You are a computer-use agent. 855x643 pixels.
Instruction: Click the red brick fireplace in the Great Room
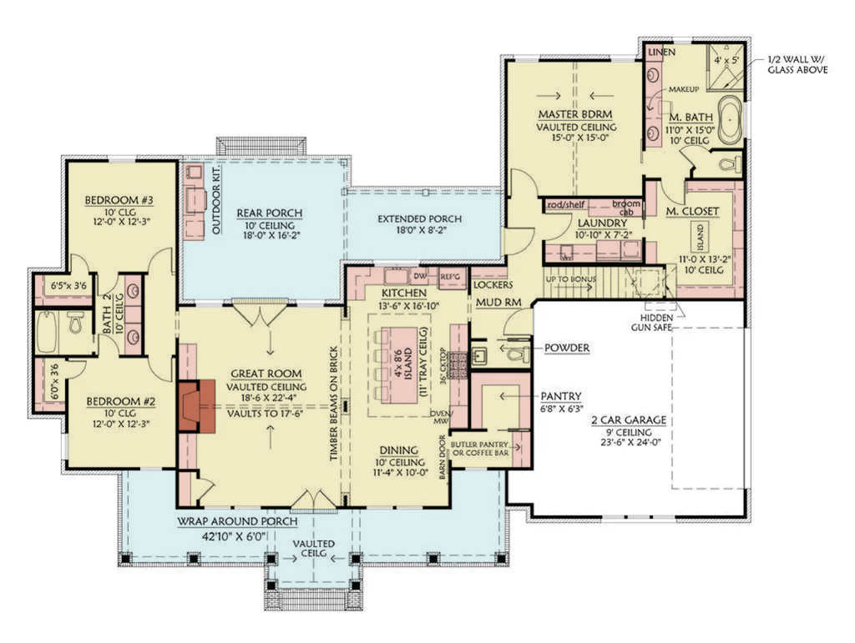[196, 405]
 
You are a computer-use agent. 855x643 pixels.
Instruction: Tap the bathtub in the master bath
[731, 119]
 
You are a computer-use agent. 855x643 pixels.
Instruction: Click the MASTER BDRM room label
[575, 113]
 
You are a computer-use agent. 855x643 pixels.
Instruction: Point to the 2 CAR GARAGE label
[627, 420]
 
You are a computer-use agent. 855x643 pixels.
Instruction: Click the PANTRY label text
[561, 396]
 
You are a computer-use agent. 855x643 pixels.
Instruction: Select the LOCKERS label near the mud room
[493, 284]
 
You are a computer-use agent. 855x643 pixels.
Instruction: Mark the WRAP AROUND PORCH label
[237, 521]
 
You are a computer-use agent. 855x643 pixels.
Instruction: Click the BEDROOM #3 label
[118, 200]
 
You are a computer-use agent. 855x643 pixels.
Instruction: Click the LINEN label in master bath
[657, 53]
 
